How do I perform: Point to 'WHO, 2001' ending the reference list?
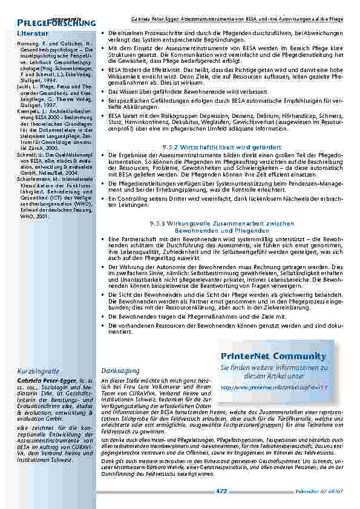click(33, 215)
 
